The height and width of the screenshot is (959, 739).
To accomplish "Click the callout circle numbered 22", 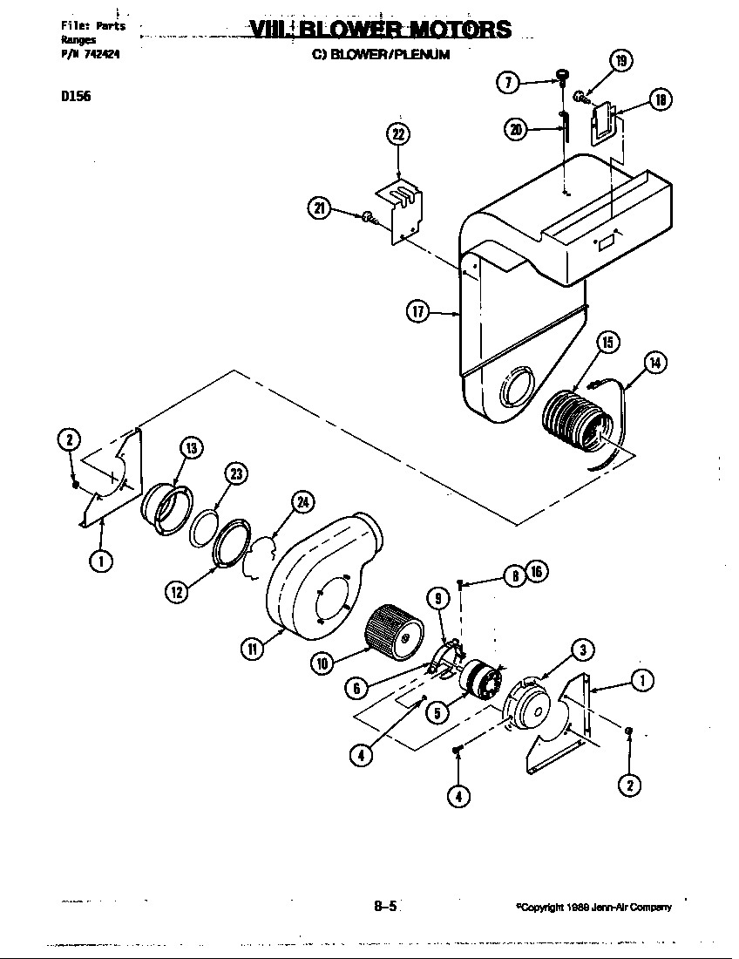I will point(398,134).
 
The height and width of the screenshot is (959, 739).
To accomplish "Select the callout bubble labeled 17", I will point(419,310).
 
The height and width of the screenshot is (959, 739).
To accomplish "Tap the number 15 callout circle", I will point(607,343).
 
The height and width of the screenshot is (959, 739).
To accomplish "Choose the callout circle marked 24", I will point(303,501).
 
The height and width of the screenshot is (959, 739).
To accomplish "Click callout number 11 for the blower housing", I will point(252,649).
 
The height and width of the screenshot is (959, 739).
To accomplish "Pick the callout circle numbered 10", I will point(322,663).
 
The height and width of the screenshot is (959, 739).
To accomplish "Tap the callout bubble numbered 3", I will point(582,650).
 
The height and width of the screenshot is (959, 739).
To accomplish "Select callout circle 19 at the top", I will point(620,61).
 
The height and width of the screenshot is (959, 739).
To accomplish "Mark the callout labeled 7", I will point(507,82).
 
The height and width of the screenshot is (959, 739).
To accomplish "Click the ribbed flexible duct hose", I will point(575,422).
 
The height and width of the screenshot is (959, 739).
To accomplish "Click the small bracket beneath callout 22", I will point(399,209).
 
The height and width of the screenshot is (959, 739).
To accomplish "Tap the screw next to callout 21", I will point(369,216).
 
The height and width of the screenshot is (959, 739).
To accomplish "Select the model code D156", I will point(76,97).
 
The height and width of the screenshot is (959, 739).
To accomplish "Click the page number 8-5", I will point(385,906).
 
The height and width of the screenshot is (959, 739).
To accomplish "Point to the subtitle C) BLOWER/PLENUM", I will point(381,54).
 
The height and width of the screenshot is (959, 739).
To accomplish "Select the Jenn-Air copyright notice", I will point(594,908).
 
